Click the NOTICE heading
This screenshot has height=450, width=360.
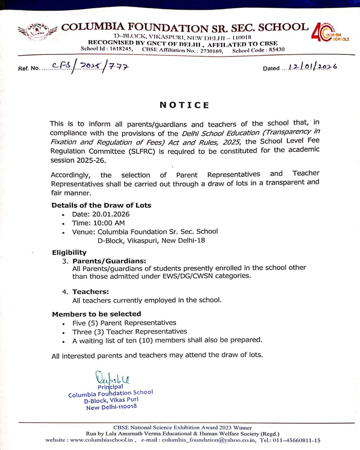click(184, 105)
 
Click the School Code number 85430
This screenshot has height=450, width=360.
click(277, 50)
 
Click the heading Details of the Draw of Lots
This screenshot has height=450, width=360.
click(101, 205)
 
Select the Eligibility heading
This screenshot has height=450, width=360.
click(69, 252)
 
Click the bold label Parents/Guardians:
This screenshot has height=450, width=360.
click(109, 261)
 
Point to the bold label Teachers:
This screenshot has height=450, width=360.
click(91, 291)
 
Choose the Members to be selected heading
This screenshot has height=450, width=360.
click(97, 314)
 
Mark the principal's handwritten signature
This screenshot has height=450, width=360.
click(112, 378)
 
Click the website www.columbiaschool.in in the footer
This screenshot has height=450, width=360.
click(102, 440)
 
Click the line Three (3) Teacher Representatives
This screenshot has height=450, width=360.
click(129, 332)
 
